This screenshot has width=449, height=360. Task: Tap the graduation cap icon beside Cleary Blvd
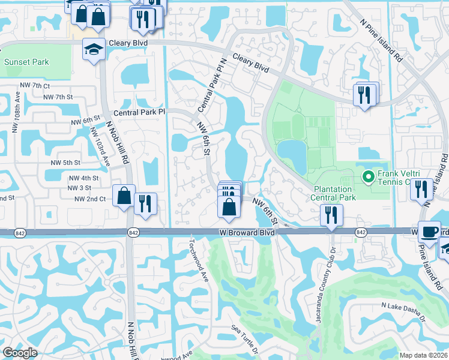tap(94, 50)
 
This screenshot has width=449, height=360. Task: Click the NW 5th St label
tap(65, 163)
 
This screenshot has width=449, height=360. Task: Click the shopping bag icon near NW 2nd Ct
tap(124, 196)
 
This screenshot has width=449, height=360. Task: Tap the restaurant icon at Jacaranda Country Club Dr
tap(331, 214)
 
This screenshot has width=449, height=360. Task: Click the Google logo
tap(20, 353)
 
